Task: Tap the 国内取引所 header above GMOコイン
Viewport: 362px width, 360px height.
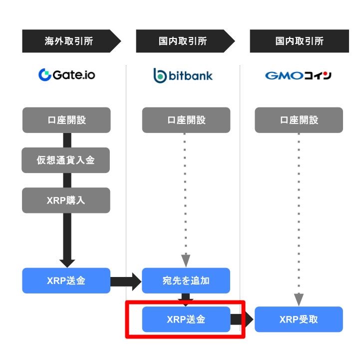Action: (299, 41)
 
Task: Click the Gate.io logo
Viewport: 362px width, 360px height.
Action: (67, 74)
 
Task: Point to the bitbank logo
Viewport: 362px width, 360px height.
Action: (183, 75)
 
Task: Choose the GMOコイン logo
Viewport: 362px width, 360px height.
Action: (298, 75)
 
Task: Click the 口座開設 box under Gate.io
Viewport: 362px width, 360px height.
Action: (66, 120)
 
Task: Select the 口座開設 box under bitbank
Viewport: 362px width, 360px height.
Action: (186, 120)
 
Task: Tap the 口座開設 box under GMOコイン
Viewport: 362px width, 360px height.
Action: (299, 120)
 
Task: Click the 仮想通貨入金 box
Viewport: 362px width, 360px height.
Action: (66, 160)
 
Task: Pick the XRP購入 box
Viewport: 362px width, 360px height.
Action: (66, 200)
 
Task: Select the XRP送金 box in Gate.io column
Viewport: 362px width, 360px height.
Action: (66, 280)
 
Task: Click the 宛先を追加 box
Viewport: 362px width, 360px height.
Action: (186, 280)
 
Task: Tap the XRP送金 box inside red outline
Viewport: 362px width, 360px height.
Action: (186, 319)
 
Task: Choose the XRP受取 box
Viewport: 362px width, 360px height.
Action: (299, 319)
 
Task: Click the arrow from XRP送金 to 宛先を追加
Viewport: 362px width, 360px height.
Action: (126, 281)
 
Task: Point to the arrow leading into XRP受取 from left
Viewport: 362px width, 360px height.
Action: (242, 319)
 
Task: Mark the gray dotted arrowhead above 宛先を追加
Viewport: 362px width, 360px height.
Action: (186, 260)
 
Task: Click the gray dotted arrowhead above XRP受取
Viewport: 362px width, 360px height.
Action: (299, 299)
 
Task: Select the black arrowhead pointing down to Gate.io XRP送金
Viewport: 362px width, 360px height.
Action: (67, 263)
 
